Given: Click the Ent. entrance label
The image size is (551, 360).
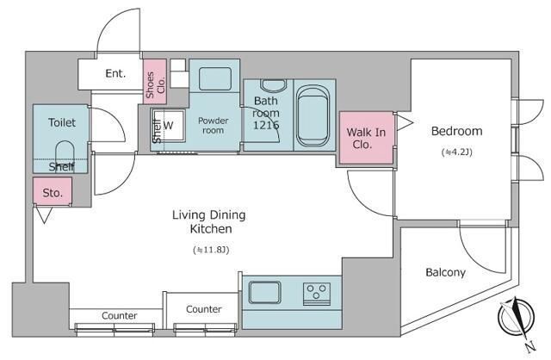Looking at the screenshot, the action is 115,73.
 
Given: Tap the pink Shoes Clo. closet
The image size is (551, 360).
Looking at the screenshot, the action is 155,82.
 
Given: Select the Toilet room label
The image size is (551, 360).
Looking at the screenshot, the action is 62,122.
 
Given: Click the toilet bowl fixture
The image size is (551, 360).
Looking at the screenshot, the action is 65,153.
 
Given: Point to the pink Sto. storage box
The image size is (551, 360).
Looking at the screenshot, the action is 53,190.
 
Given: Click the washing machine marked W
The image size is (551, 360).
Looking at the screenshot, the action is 169,125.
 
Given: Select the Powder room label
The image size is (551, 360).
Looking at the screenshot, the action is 213,126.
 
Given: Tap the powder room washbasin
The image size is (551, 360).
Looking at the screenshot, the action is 215,78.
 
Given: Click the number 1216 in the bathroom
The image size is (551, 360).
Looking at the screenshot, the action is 266,125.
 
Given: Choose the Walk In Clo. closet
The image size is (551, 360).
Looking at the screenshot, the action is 366,138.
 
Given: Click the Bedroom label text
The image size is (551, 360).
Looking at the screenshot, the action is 456,131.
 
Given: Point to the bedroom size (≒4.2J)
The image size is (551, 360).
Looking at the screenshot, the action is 457,152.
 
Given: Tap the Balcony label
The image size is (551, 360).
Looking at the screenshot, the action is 445,272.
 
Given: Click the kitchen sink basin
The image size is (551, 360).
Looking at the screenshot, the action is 264,292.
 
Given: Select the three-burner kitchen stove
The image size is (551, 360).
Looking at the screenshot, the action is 317,294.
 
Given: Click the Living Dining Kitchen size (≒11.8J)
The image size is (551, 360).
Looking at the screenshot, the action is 211,250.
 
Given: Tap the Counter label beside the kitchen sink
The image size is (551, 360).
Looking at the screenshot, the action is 203,309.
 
